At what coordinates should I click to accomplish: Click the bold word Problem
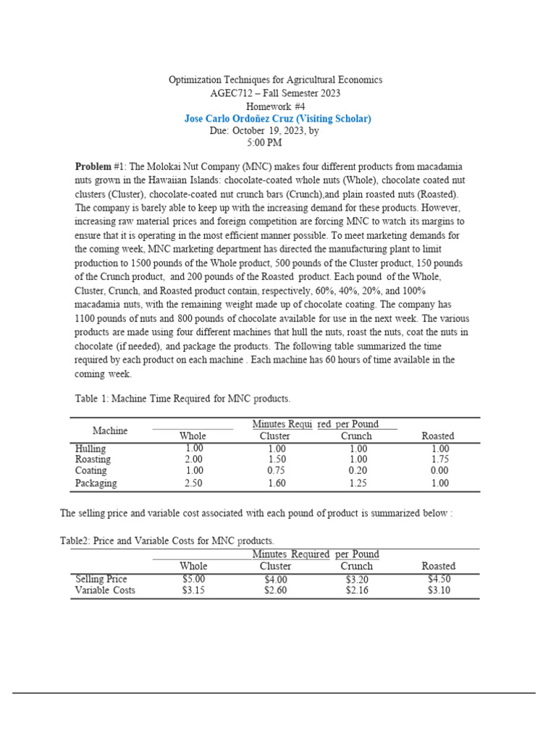(93, 166)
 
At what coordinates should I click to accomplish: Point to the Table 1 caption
(182, 399)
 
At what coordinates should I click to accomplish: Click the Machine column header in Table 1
(110, 431)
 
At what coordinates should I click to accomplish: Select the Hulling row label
(90, 449)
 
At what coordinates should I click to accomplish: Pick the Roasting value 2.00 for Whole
(193, 460)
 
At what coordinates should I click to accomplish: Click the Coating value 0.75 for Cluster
(275, 470)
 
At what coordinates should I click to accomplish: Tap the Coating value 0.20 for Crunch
(356, 470)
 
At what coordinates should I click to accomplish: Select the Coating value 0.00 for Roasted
(439, 470)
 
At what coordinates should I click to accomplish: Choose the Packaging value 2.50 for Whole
(193, 483)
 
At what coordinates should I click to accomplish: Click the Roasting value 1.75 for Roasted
(439, 460)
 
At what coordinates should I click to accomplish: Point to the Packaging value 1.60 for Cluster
(275, 483)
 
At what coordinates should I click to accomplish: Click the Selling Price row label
(101, 579)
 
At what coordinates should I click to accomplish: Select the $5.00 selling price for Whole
(193, 579)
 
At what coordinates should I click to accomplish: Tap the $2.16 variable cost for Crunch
(356, 590)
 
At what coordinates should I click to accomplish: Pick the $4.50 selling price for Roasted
(439, 579)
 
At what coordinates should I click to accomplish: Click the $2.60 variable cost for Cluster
(275, 590)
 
